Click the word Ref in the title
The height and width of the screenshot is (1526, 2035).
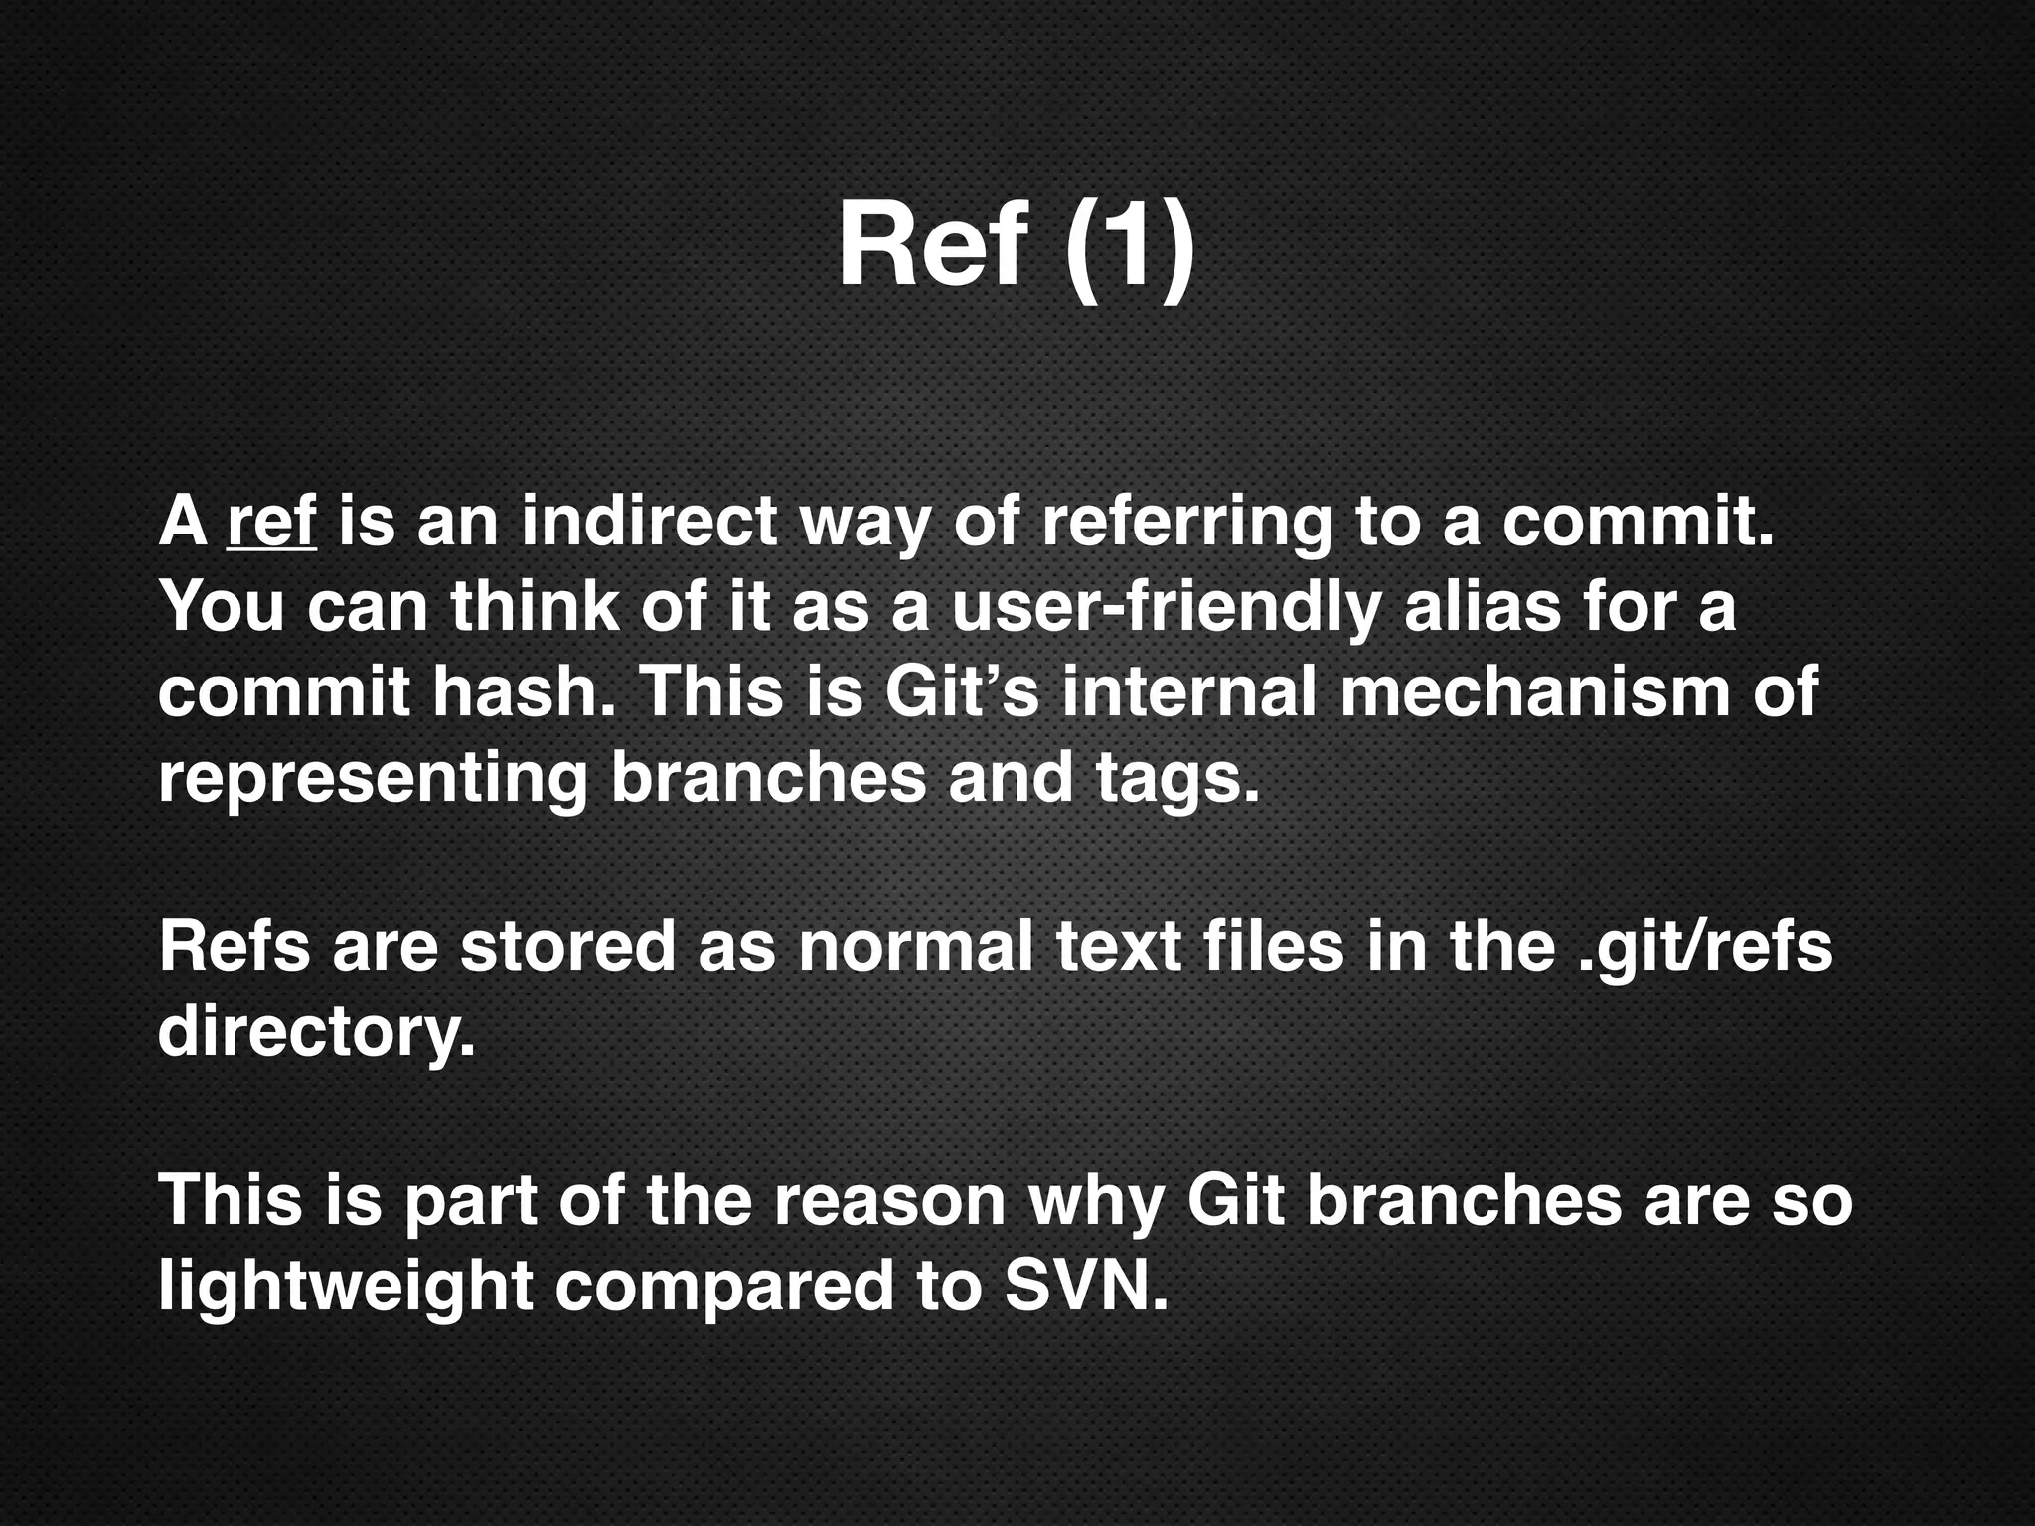click(x=931, y=245)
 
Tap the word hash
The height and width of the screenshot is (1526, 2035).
click(x=524, y=691)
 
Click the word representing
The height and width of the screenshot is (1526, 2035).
click(x=373, y=778)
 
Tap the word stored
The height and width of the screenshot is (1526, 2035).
click(x=567, y=946)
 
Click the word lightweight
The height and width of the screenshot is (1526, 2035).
click(x=346, y=1287)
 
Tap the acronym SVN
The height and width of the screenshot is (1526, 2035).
click(x=1086, y=1287)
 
